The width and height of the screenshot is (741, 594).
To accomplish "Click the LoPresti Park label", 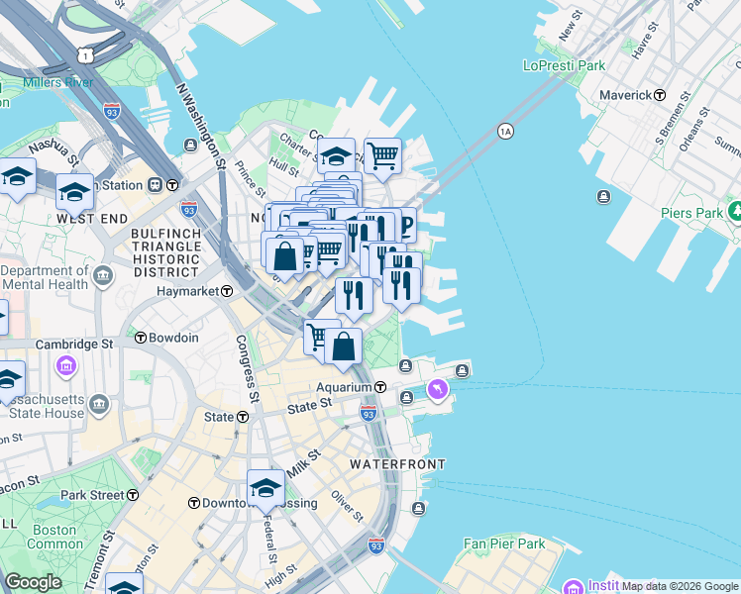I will coord(564,65).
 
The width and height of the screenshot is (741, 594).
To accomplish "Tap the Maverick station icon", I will coord(660,95).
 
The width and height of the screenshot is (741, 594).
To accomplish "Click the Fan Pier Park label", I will coord(504,544).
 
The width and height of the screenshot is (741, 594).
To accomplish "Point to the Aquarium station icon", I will coord(379,386).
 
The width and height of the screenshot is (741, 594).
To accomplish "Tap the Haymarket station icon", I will coord(227,291).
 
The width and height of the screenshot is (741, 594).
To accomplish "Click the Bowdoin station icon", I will coord(141,338).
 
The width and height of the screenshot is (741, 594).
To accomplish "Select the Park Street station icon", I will coord(133,495).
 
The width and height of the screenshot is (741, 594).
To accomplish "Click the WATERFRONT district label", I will coord(397,463).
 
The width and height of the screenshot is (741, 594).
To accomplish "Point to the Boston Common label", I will coord(55,537).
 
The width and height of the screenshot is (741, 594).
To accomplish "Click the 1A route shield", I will coord(505,131).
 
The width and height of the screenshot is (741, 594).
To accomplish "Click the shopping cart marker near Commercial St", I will coord(382,154).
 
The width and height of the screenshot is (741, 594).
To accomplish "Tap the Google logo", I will coord(33,582).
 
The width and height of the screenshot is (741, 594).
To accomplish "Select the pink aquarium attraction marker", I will coord(437,392).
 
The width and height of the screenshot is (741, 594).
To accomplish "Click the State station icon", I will coord(241,417).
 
